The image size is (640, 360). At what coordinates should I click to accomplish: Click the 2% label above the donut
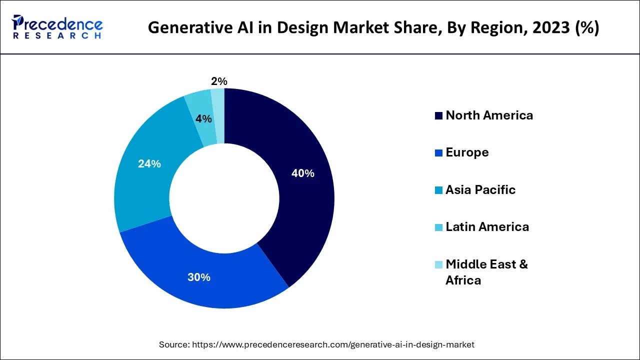click(x=219, y=81)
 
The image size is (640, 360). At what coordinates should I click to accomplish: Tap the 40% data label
click(x=302, y=173)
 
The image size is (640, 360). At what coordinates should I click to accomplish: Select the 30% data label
click(x=199, y=277)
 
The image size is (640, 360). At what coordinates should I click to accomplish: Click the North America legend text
click(x=489, y=115)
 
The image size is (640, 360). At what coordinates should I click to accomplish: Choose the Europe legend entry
click(x=467, y=152)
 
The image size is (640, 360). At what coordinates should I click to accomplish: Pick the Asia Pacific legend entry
click(x=480, y=190)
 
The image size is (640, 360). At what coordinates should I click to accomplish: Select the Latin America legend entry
click(x=487, y=227)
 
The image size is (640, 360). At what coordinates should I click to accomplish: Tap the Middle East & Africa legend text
click(x=486, y=271)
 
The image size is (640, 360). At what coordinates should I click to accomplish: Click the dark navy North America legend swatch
click(x=438, y=116)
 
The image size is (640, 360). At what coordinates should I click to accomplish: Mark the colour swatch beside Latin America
click(x=438, y=227)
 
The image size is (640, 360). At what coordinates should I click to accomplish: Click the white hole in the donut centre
click(x=224, y=198)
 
